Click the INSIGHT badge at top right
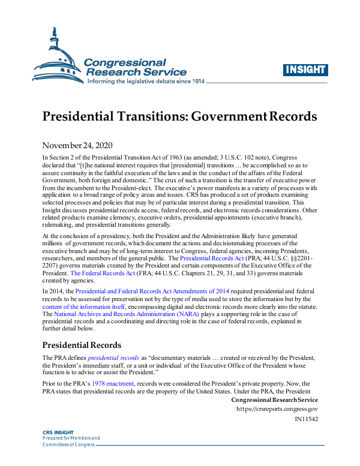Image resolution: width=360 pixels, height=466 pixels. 305,69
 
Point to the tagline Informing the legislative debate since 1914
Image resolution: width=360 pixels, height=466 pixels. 146,81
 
